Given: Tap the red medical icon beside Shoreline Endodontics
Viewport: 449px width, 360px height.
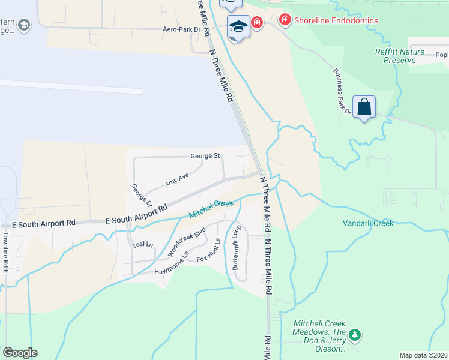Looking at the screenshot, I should [x=285, y=20].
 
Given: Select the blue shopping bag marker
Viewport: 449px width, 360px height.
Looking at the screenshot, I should [x=364, y=107].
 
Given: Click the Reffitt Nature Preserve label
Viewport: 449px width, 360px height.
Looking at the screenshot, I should [x=395, y=56].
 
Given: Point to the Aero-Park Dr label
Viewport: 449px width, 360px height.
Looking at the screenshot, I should [x=181, y=29].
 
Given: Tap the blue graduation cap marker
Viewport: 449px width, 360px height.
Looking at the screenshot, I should [x=238, y=27].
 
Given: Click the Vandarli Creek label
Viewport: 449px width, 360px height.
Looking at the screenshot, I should [x=368, y=223].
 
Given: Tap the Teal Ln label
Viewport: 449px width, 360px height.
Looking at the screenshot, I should [x=142, y=244].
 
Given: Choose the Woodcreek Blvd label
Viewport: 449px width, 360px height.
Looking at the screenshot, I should [x=187, y=241].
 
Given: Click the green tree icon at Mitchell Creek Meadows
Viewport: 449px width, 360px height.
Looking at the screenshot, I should [x=355, y=335].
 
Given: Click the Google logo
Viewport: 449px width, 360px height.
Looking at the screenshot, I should [x=20, y=353].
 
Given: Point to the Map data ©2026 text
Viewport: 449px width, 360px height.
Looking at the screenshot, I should [x=423, y=355].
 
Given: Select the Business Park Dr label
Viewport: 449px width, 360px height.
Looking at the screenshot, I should [x=342, y=91].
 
